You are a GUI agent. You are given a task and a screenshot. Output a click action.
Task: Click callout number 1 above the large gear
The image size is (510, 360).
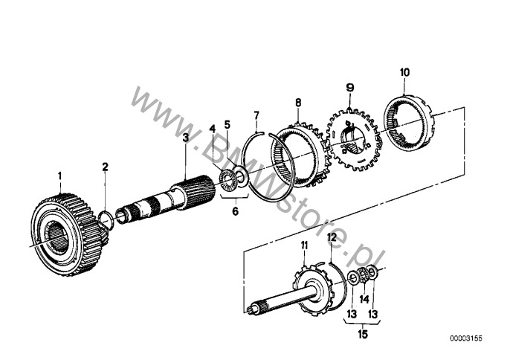[x=59, y=176]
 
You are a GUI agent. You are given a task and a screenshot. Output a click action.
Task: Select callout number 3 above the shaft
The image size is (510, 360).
[x=185, y=137]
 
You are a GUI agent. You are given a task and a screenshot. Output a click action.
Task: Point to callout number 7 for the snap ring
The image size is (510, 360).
[x=256, y=115]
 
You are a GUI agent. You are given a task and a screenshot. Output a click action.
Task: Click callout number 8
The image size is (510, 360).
[x=298, y=103]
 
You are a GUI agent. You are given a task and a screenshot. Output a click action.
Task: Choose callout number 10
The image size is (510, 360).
[x=404, y=72]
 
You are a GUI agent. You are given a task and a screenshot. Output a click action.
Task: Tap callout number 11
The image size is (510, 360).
[x=304, y=245]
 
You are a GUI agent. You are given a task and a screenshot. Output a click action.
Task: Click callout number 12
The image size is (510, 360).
[x=332, y=238]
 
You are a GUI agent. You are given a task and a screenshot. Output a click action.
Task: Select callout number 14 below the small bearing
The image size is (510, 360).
[x=364, y=299]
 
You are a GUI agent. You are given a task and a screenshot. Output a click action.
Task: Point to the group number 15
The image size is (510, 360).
[x=362, y=334]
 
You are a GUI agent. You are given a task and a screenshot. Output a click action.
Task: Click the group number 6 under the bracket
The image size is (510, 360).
[x=235, y=211]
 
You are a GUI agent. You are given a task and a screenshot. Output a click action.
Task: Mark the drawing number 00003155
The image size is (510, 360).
[x=466, y=338]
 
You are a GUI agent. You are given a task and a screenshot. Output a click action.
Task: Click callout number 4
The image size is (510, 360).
[x=212, y=129]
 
